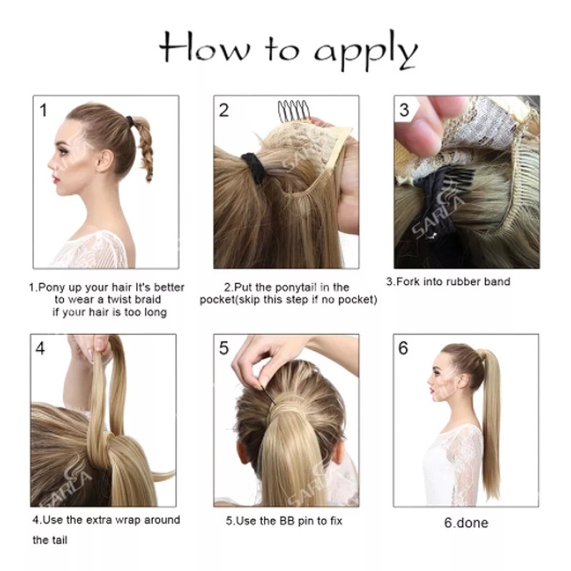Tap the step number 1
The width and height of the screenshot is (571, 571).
point(44,110)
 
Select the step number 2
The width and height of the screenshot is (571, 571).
point(224,110)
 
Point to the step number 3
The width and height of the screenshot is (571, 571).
point(404,110)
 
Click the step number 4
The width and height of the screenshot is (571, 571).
point(41,348)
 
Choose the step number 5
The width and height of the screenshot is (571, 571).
point(224,348)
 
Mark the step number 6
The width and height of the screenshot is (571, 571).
point(404,348)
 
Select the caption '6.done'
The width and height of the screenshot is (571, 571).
point(466,523)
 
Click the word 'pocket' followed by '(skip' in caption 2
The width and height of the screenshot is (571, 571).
point(217,299)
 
